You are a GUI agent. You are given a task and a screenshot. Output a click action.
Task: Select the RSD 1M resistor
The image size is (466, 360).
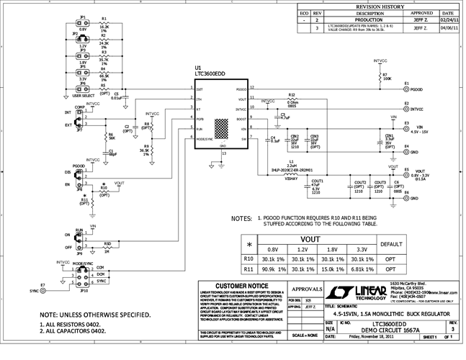(106, 247)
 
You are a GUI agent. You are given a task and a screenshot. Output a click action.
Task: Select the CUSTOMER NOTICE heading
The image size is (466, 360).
(227, 285)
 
